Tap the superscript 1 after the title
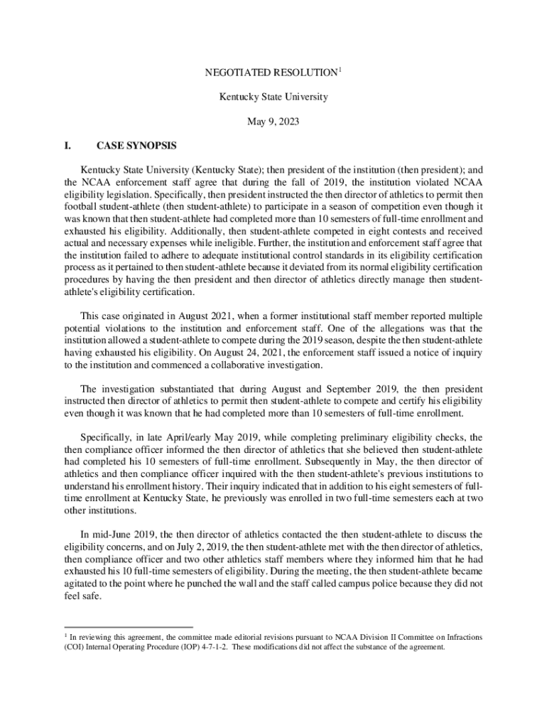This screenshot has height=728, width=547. point(340,69)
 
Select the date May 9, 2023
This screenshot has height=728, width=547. point(273,122)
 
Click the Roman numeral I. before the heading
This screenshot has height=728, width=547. point(68,146)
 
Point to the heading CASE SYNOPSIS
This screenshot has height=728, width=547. point(136,146)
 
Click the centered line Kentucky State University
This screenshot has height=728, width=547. point(273,97)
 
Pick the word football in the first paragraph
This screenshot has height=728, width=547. point(80,206)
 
